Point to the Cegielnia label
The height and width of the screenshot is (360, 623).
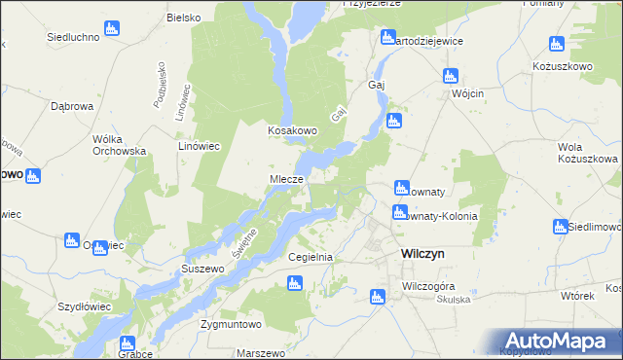(311, 257)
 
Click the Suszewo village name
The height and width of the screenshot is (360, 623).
(202, 267)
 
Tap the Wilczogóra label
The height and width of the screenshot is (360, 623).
(429, 287)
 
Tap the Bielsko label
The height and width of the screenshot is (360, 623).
(183, 18)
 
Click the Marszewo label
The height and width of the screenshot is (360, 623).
(259, 352)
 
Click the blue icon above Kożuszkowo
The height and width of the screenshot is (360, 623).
(557, 43)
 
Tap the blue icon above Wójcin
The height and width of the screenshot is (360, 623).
(450, 75)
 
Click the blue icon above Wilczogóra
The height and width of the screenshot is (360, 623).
(378, 296)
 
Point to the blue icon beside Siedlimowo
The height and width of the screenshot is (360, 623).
(560, 227)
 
